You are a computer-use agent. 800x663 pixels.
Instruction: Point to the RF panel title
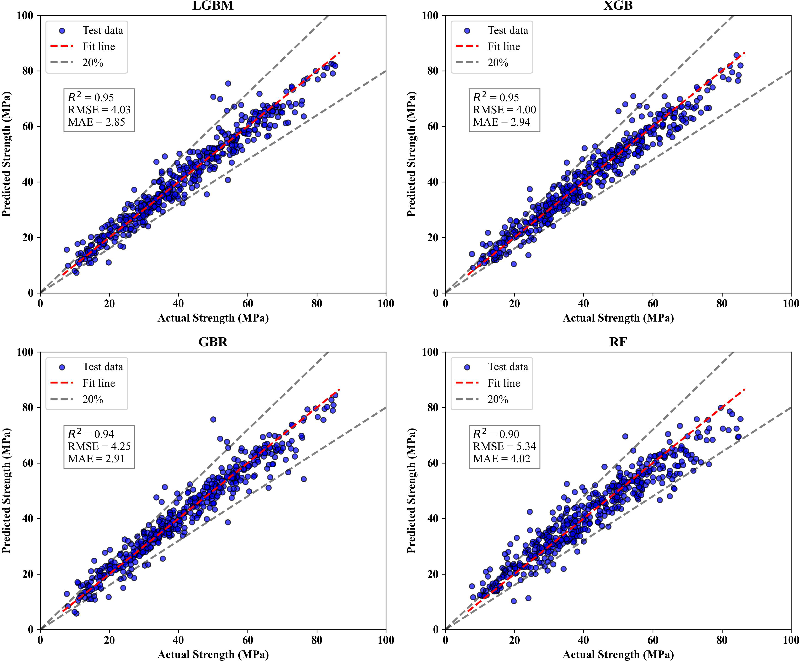618,342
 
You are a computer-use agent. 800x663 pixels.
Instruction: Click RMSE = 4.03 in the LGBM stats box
99,110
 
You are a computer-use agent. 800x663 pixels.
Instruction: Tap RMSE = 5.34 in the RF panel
504,446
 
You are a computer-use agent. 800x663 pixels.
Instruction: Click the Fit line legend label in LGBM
99,46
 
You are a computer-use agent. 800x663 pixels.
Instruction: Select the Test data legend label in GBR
103,367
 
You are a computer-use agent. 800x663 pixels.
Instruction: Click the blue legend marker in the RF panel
467,367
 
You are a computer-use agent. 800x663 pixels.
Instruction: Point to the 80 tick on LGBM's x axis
316,304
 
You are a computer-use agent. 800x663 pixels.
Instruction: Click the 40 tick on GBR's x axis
178,640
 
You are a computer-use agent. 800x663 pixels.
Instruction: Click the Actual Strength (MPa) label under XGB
618,318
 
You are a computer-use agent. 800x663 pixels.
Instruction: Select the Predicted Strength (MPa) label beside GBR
6,490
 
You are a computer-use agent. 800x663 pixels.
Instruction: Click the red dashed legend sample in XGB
467,46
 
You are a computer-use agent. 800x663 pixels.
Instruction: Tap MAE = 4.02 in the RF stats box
501,458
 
